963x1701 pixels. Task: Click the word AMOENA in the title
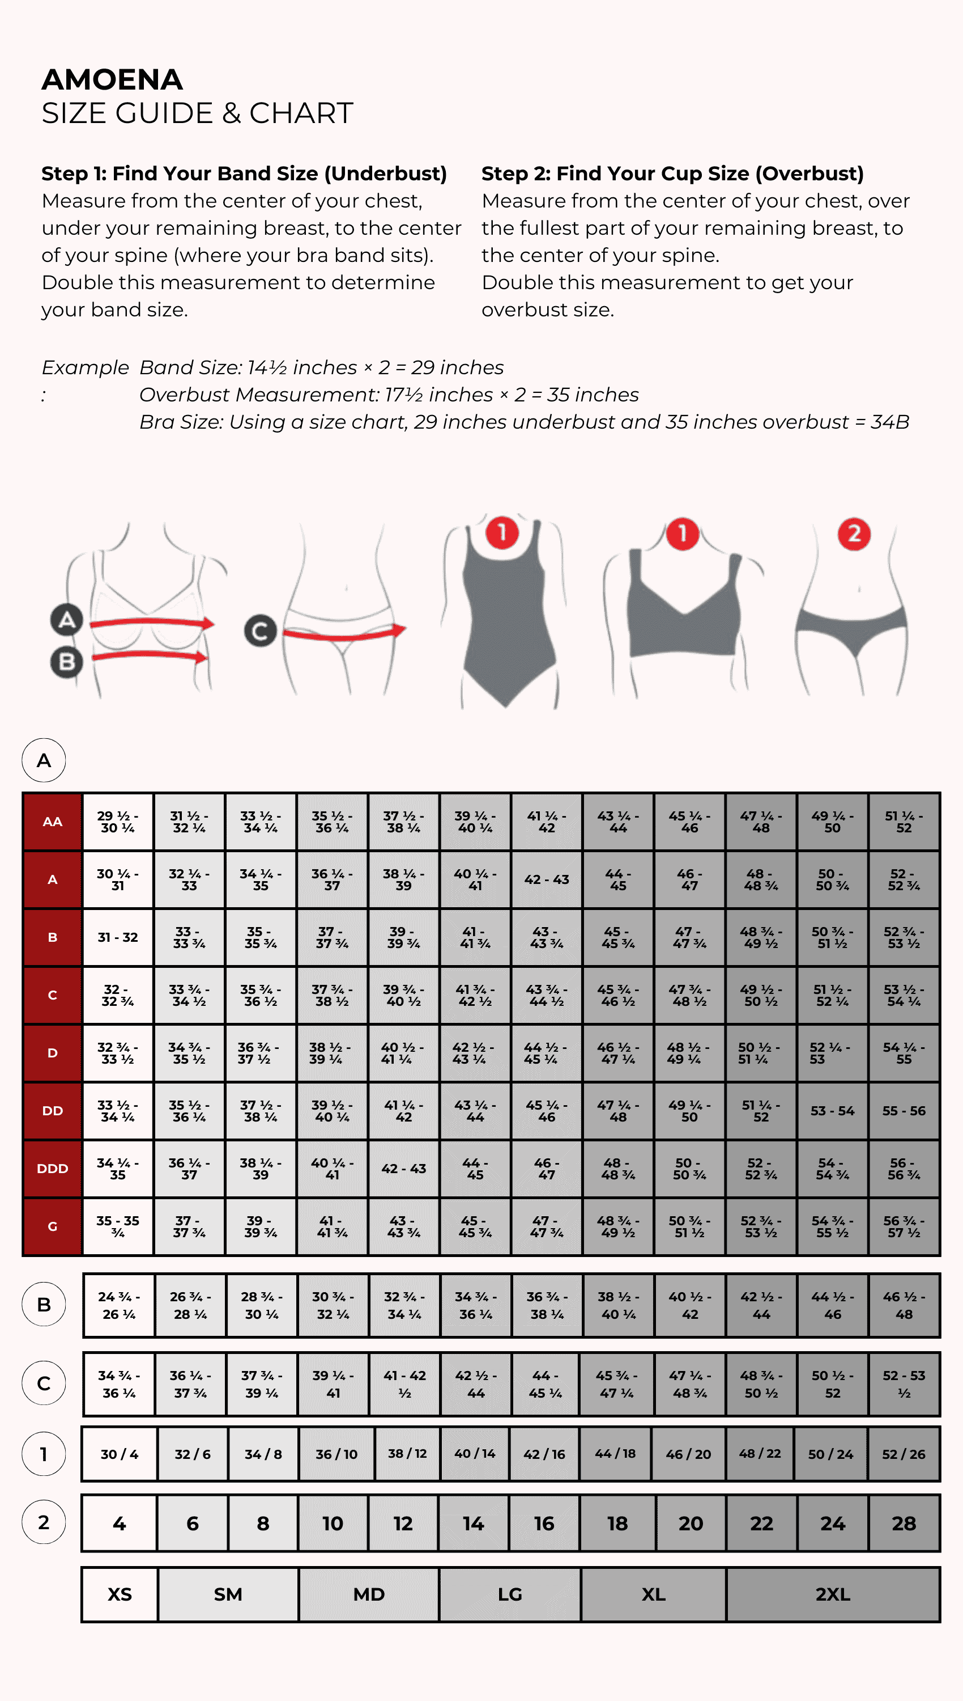(x=112, y=79)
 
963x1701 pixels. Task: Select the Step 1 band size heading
(x=244, y=174)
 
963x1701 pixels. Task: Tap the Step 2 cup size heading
(x=672, y=174)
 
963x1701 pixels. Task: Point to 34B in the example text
(x=889, y=422)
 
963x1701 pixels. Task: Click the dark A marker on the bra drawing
(x=67, y=620)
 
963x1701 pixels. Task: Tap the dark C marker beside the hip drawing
(x=260, y=631)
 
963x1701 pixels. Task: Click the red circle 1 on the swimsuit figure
(x=502, y=533)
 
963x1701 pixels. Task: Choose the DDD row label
(x=53, y=1169)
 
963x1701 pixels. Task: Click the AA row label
(x=53, y=822)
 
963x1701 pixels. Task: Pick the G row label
(x=53, y=1226)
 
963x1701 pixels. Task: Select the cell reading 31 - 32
(x=118, y=937)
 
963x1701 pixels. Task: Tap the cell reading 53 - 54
(x=833, y=1111)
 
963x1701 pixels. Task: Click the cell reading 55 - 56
(x=904, y=1111)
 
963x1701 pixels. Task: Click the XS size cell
(x=120, y=1594)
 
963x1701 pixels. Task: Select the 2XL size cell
(x=833, y=1594)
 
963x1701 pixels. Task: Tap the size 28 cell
(x=904, y=1524)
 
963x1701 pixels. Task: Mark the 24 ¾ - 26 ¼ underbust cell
(x=119, y=1305)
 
